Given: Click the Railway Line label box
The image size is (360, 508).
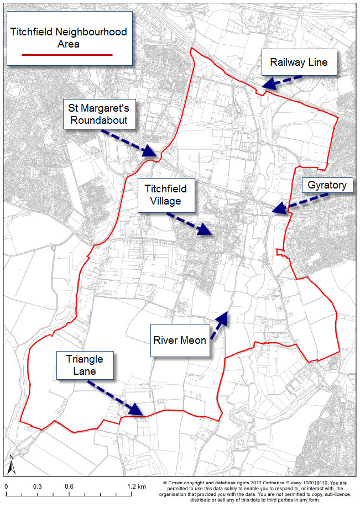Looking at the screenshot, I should click(x=299, y=62).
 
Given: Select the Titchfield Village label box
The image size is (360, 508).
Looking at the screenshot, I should click(x=166, y=194).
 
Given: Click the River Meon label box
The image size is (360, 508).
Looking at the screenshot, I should click(x=180, y=340).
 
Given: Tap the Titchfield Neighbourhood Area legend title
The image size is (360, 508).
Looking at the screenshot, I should click(x=69, y=38).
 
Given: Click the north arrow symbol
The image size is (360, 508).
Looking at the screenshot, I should click(x=11, y=465).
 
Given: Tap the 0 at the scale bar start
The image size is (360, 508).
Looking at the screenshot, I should click(x=7, y=486).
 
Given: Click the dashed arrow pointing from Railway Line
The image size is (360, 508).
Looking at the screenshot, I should click(x=281, y=81).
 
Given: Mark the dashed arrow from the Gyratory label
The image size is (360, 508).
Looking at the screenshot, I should click(x=290, y=206).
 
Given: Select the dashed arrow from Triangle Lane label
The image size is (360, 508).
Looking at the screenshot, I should click(x=116, y=397).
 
